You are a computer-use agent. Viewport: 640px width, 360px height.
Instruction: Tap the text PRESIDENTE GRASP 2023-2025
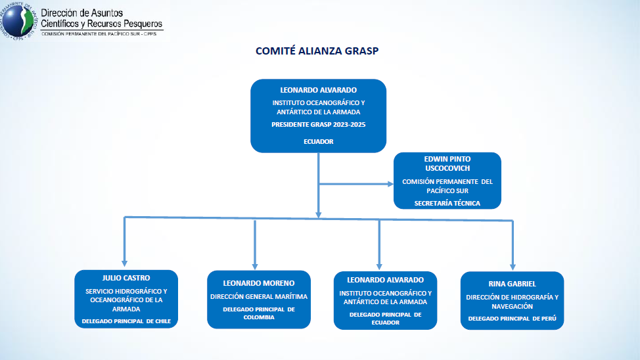318,125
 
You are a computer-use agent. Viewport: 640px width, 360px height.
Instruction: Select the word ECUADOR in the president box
318,141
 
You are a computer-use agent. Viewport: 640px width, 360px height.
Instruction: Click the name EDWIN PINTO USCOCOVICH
447,164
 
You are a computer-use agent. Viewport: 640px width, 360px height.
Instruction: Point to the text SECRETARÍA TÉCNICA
447,203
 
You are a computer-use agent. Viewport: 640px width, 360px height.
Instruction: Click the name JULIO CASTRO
126,278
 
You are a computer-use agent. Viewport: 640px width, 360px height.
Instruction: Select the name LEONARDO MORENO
258,283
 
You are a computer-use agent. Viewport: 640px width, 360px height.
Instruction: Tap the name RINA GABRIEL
512,284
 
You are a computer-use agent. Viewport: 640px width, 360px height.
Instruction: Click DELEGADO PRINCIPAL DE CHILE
126,321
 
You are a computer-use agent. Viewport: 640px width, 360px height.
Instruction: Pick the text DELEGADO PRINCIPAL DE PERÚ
512,319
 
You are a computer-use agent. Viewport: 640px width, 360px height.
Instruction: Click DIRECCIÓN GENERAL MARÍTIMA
258,297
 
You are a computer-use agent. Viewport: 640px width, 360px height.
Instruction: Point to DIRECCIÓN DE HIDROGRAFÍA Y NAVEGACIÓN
512,302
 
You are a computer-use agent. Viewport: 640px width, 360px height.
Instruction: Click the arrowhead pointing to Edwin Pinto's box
388,184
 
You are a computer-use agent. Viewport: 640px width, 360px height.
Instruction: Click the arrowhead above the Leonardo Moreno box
254,264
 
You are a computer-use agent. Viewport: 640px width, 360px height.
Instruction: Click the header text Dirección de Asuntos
81,13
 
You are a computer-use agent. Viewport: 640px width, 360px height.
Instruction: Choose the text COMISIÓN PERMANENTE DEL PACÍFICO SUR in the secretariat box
447,186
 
